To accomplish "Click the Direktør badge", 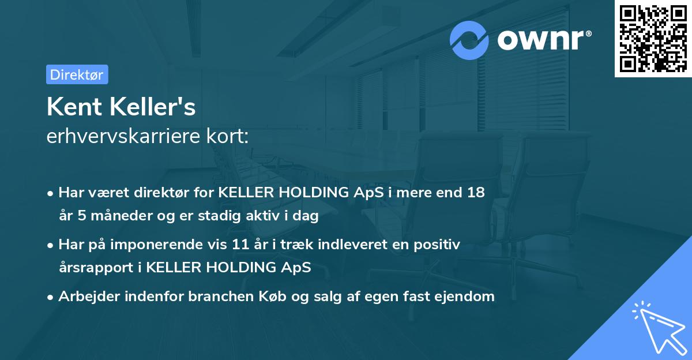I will point(77,74).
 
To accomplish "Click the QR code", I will point(653,39).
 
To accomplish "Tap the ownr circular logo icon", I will point(469,40).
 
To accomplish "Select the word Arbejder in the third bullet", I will point(88,297).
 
